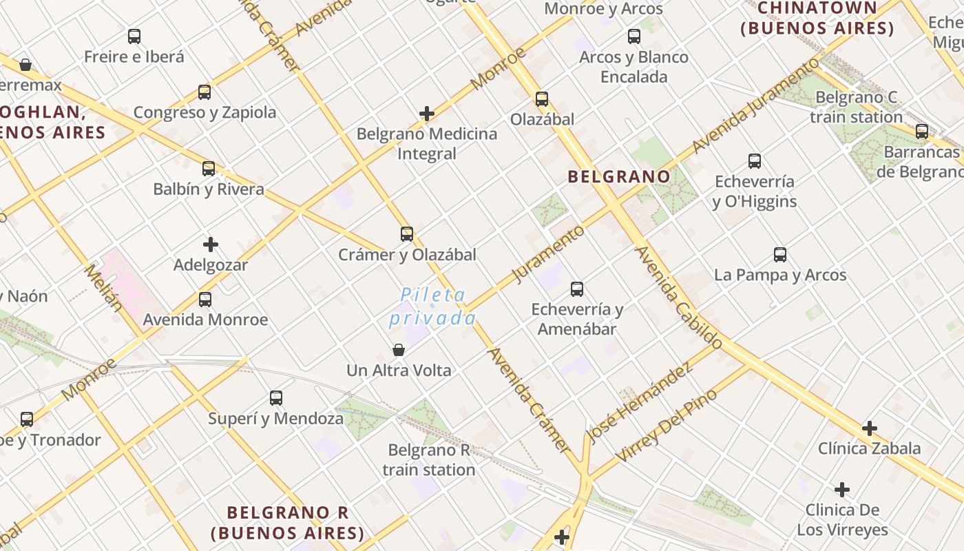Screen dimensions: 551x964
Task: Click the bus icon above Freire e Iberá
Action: (x=134, y=37)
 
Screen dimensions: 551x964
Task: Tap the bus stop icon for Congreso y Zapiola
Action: (x=205, y=92)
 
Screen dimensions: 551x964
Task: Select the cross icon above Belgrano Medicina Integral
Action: (x=427, y=114)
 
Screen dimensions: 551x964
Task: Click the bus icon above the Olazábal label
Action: (x=542, y=99)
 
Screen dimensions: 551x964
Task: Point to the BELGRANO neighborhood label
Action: (x=618, y=177)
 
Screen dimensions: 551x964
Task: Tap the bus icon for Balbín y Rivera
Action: (x=209, y=169)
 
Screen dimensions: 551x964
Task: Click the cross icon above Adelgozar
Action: (x=211, y=245)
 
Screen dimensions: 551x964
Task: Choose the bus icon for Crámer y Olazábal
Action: (x=407, y=234)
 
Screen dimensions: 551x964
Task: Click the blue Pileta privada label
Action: (x=433, y=306)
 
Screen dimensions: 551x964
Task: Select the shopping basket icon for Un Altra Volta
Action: (x=399, y=350)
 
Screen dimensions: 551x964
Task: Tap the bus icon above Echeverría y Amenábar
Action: (x=577, y=289)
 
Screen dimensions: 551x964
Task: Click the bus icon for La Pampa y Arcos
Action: (x=780, y=255)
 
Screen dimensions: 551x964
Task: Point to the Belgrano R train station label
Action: (x=429, y=460)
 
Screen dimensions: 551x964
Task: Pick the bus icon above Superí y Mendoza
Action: (x=276, y=398)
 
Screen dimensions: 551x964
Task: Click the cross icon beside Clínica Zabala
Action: (x=870, y=428)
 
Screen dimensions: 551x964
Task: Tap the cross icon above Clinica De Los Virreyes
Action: (x=841, y=490)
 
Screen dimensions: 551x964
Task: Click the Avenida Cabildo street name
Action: (x=678, y=297)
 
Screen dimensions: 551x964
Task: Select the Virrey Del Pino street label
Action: (x=667, y=426)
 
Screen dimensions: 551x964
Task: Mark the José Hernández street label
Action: (x=639, y=403)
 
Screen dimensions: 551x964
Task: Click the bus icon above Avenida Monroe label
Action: (x=205, y=300)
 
